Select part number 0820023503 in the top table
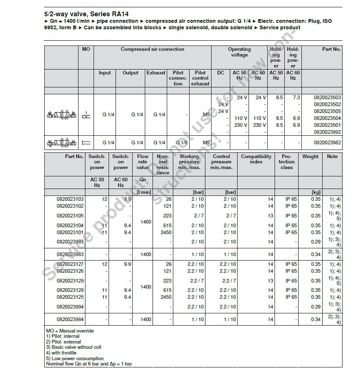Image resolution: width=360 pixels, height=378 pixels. tap(327, 98)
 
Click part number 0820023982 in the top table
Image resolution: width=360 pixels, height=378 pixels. tap(327, 143)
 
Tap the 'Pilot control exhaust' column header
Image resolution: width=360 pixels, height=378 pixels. tap(200, 78)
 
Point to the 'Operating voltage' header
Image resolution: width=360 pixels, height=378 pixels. tap(239, 52)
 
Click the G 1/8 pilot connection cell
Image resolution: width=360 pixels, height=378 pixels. tap(181, 143)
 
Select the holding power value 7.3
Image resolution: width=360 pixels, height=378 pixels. tap(296, 98)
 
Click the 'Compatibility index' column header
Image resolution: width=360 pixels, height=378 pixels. tap(256, 159)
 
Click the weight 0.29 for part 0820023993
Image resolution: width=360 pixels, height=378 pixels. tap(316, 242)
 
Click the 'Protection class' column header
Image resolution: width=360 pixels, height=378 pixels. tap(286, 162)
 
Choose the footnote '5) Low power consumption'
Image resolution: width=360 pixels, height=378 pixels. tap(74, 358)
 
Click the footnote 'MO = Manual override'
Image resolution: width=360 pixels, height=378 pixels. tap(70, 331)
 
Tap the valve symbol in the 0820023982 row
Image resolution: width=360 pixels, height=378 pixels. tap(61, 143)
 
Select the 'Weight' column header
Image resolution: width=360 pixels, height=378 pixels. tap(310, 156)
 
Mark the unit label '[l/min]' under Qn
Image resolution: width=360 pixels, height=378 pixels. tap(144, 192)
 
